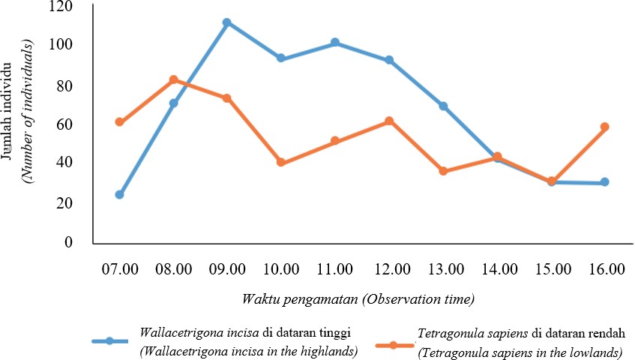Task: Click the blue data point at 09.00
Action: coord(226,22)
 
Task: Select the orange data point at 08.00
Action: coord(173,79)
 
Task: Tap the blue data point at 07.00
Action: coord(119,194)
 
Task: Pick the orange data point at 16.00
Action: coord(605,127)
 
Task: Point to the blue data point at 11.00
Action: coord(335,43)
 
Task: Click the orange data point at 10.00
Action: coord(281,162)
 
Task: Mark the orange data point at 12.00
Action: coord(389,121)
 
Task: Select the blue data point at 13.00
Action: coord(443,106)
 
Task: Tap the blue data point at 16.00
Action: coord(605,182)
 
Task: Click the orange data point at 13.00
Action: coord(443,171)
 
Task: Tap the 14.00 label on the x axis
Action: coord(497,268)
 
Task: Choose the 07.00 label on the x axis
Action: coord(119,268)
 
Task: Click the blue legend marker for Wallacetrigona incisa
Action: coord(109,340)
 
